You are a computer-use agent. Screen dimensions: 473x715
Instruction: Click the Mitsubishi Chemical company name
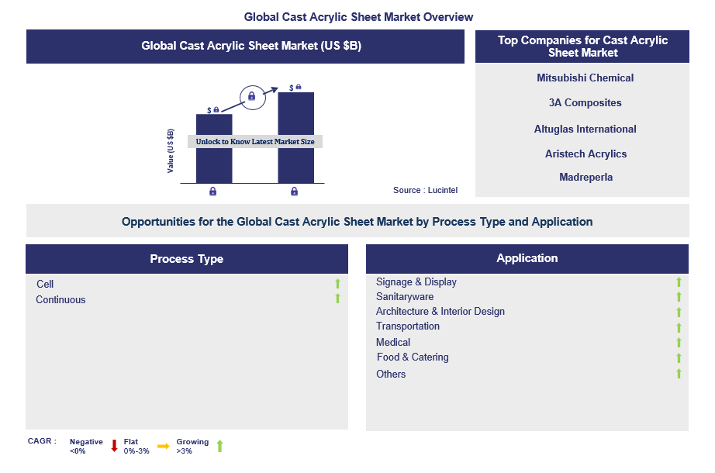[x=585, y=78]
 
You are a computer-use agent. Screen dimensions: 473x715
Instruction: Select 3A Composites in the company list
[x=585, y=102]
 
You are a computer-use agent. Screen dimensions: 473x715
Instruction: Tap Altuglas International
[x=585, y=129]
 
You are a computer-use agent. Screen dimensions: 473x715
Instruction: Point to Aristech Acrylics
[x=585, y=154]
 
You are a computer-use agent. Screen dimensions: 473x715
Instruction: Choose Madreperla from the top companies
[x=585, y=177]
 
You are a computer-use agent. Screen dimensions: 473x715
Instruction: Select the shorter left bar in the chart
[x=213, y=163]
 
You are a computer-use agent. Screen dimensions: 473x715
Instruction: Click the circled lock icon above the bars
[x=251, y=97]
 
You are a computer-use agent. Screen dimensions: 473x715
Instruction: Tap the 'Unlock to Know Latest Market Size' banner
[x=255, y=142]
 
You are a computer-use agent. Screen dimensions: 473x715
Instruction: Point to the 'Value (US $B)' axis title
[x=171, y=150]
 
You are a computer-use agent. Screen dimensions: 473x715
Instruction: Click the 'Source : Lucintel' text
[x=425, y=190]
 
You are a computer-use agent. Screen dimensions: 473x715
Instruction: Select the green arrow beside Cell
[x=337, y=284]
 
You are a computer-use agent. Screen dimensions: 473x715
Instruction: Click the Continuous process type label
[x=60, y=299]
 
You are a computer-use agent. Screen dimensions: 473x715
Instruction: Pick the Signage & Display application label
[x=416, y=281]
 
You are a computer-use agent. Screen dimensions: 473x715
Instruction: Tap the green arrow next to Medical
[x=679, y=343]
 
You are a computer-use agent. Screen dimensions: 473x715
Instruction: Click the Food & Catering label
[x=413, y=357]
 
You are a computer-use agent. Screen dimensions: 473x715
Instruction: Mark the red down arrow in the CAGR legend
[x=114, y=445]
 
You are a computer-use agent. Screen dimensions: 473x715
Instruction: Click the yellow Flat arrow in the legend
[x=163, y=446]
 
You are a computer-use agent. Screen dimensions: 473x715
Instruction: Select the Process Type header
[x=186, y=259]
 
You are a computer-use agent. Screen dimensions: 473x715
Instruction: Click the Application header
[x=527, y=258]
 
